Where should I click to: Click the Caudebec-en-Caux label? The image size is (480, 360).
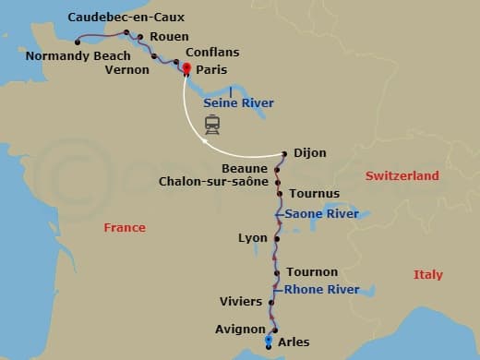click(126, 18)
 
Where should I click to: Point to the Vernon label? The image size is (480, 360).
click(127, 68)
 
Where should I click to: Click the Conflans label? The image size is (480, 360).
click(211, 54)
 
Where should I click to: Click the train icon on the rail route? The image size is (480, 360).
click(212, 126)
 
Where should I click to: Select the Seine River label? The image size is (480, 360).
click(238, 102)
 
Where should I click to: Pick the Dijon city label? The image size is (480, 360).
click(313, 153)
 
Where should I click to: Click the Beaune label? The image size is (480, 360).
click(245, 168)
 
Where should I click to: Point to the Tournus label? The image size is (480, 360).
click(314, 194)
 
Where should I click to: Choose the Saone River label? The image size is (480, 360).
click(321, 213)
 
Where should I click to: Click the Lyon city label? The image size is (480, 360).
click(252, 237)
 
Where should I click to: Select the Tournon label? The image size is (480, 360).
click(312, 272)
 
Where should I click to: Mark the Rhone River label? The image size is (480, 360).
click(321, 289)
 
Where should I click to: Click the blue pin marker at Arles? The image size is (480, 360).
click(269, 342)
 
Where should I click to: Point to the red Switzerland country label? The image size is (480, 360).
click(402, 175)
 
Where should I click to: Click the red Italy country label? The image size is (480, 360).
click(427, 275)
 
